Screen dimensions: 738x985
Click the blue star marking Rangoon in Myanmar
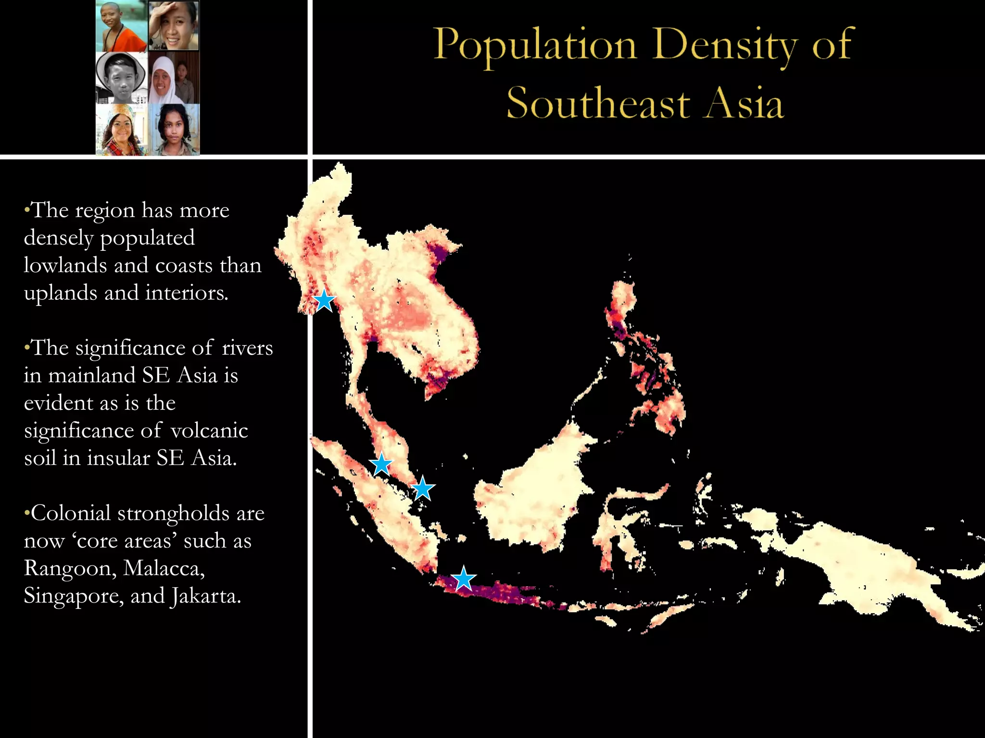(x=324, y=300)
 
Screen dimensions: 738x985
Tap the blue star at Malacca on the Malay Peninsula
(x=381, y=464)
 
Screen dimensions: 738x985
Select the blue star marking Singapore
(x=423, y=489)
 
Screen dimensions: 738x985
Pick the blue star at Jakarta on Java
(x=464, y=578)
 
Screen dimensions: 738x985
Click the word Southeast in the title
(x=598, y=103)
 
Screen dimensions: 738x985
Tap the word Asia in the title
(x=745, y=103)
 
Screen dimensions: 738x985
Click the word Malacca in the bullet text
(x=164, y=569)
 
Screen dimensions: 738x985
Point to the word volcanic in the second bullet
(x=209, y=431)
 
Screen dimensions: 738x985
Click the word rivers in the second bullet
(x=247, y=348)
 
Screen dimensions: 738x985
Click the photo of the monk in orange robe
(x=121, y=26)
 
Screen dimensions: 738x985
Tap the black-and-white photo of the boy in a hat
(x=121, y=78)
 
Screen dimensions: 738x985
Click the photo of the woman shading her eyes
(x=173, y=25)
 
